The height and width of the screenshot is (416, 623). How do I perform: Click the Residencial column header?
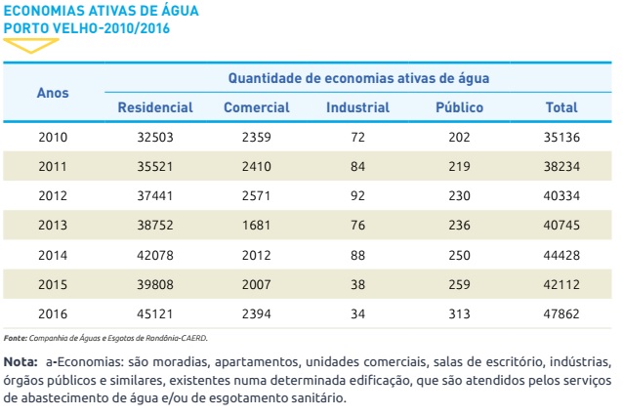point(154,107)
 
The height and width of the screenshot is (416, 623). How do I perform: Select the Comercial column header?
point(256,107)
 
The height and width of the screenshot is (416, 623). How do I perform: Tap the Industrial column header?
point(357,107)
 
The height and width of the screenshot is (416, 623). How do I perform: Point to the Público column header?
point(459,107)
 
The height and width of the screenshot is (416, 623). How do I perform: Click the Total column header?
point(561,107)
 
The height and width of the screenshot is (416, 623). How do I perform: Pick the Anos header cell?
point(53,93)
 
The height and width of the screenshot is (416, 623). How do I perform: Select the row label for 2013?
point(53,225)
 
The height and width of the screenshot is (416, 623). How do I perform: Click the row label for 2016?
point(53,313)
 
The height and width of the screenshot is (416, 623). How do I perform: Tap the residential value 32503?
point(154,137)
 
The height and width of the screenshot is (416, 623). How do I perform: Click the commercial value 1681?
point(256,225)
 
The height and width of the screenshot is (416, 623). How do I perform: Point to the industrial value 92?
point(357,195)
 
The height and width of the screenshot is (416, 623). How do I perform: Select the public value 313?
point(459,313)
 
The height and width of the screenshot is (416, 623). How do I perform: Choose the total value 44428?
point(561,255)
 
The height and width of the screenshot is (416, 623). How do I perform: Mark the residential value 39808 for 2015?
point(154,284)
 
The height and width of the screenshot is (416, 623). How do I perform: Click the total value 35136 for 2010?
point(561,137)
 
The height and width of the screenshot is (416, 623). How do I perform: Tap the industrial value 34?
point(357,313)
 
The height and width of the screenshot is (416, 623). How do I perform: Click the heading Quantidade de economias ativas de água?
point(358,77)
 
